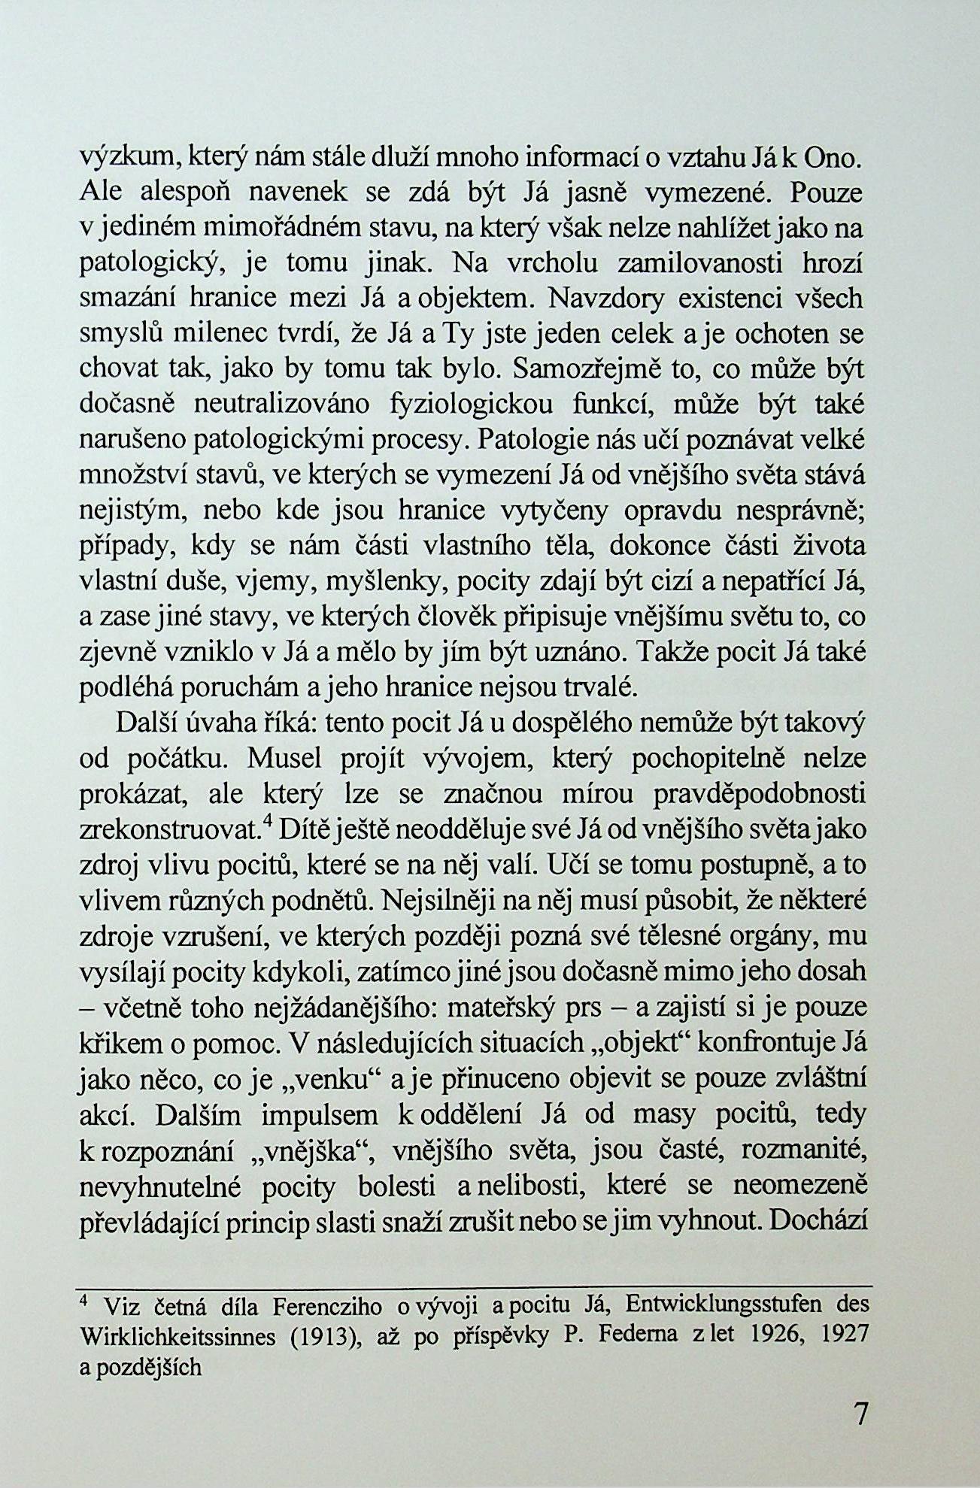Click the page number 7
point(861,1414)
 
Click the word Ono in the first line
point(833,159)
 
